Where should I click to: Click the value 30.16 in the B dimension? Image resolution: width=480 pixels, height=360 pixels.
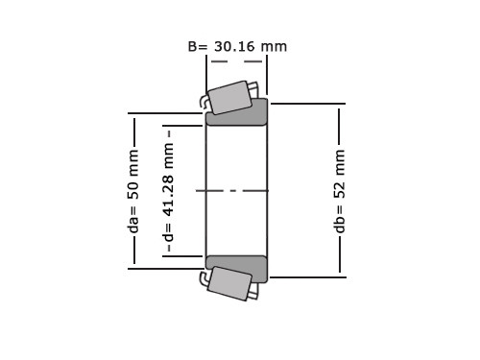click(x=234, y=47)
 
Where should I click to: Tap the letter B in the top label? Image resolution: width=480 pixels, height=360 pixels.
click(x=192, y=47)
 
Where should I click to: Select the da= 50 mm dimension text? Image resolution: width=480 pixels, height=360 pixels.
click(x=133, y=191)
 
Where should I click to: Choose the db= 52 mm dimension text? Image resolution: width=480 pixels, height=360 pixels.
click(x=340, y=191)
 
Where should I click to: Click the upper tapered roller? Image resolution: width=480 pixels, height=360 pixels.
click(x=229, y=98)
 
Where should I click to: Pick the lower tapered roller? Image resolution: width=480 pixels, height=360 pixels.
click(x=229, y=283)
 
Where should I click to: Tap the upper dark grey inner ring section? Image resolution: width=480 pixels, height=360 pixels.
click(x=237, y=113)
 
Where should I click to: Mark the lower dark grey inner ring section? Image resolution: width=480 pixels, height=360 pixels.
click(x=237, y=268)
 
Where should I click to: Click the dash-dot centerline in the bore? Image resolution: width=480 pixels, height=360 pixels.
click(x=232, y=191)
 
